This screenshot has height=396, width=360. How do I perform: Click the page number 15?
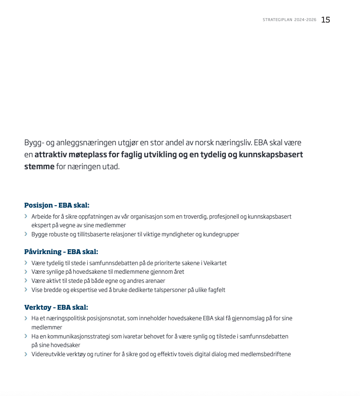(325, 20)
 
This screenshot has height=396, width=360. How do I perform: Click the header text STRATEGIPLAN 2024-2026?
(290, 20)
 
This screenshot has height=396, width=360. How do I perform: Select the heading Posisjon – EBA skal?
(57, 205)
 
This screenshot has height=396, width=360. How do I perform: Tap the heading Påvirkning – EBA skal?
(61, 252)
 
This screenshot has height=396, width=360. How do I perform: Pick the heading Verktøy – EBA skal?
(56, 307)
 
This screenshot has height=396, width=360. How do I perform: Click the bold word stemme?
(39, 167)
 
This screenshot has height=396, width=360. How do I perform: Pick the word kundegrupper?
(221, 234)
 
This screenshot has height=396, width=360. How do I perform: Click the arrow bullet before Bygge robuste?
(26, 234)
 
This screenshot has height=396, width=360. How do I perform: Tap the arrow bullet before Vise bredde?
(26, 290)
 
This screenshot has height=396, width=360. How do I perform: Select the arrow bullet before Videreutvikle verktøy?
(26, 354)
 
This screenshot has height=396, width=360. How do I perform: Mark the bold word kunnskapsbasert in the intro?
(268, 155)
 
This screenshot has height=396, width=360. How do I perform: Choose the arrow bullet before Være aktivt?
(26, 281)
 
